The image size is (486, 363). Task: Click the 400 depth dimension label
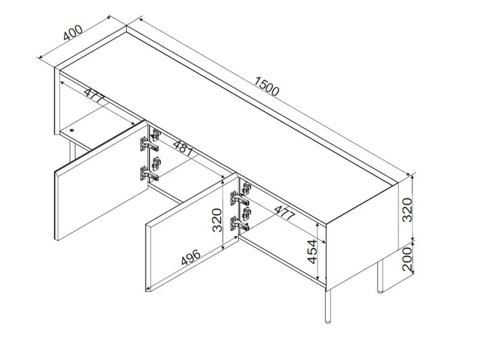coord(73,32)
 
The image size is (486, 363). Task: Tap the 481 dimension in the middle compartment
coord(183,150)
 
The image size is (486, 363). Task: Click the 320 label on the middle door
coord(217,221)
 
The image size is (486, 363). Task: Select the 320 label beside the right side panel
coord(407,210)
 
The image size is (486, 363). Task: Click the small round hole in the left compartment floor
coord(72,130)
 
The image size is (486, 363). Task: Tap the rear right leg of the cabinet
coord(380,276)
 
